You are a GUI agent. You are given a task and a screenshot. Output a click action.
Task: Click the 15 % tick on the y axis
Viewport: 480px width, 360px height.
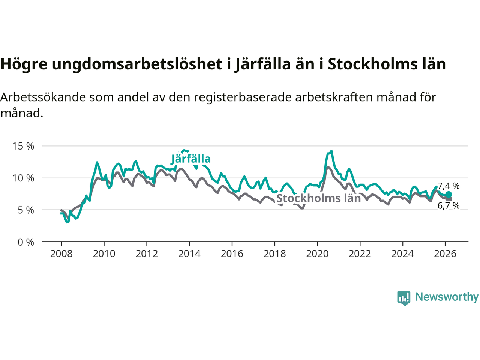(23, 146)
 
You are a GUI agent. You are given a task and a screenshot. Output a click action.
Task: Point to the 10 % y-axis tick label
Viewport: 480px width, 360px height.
(23, 178)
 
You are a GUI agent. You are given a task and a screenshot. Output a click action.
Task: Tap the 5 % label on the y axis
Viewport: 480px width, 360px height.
(26, 210)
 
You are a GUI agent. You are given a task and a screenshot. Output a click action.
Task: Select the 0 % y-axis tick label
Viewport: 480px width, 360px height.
(26, 242)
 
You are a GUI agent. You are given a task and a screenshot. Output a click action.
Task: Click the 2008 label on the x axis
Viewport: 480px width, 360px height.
(61, 254)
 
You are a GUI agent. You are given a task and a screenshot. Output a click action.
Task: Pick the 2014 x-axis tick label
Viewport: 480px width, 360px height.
(189, 254)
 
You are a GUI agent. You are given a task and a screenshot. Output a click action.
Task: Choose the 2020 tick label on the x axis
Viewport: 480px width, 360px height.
(317, 254)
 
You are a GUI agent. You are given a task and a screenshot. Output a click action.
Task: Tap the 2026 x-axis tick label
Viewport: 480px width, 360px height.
(445, 254)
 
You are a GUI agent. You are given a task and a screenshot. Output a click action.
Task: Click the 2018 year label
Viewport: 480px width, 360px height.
(274, 254)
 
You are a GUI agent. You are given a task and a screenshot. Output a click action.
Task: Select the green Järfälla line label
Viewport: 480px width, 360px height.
(191, 159)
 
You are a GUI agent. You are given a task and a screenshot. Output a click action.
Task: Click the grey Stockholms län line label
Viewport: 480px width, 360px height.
(319, 198)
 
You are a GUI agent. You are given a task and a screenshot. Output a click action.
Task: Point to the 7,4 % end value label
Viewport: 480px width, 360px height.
(448, 186)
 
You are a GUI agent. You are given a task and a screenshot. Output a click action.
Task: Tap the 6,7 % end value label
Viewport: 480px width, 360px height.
(448, 205)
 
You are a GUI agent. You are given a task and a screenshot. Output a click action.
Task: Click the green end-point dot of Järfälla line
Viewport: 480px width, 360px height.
(448, 195)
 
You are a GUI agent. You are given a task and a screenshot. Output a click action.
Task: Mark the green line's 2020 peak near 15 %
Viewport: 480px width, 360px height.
(331, 151)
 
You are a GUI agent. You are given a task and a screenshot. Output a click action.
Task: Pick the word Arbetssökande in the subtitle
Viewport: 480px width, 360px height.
(43, 97)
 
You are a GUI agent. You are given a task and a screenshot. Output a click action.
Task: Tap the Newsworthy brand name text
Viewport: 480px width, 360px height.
(447, 297)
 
